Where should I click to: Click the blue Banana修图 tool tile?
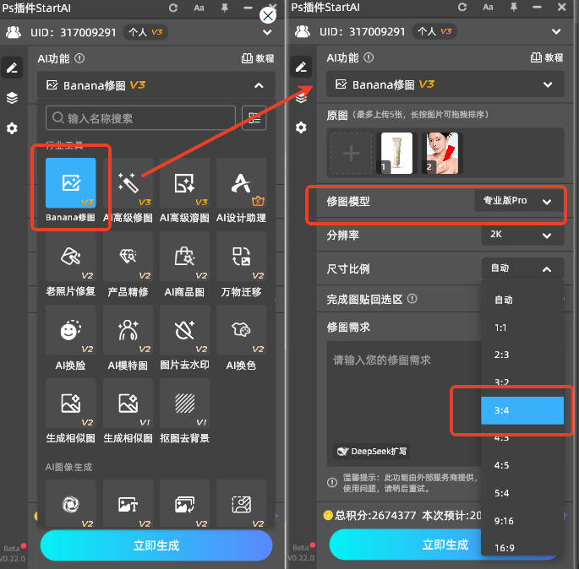pyautogui.click(x=70, y=185)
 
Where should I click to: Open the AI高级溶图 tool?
pyautogui.click(x=184, y=185)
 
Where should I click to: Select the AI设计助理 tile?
pyautogui.click(x=241, y=185)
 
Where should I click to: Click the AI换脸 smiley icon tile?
pyautogui.click(x=70, y=333)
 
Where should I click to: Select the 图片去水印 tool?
pyautogui.click(x=184, y=333)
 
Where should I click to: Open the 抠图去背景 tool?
pyautogui.click(x=184, y=405)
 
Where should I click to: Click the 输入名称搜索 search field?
pyautogui.click(x=140, y=118)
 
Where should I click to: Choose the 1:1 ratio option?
pyautogui.click(x=503, y=328)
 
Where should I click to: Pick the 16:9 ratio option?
pyautogui.click(x=505, y=548)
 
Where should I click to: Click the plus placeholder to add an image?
pyautogui.click(x=351, y=154)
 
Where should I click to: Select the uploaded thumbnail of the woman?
pyautogui.click(x=442, y=153)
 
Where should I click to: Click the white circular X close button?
pyautogui.click(x=268, y=15)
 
